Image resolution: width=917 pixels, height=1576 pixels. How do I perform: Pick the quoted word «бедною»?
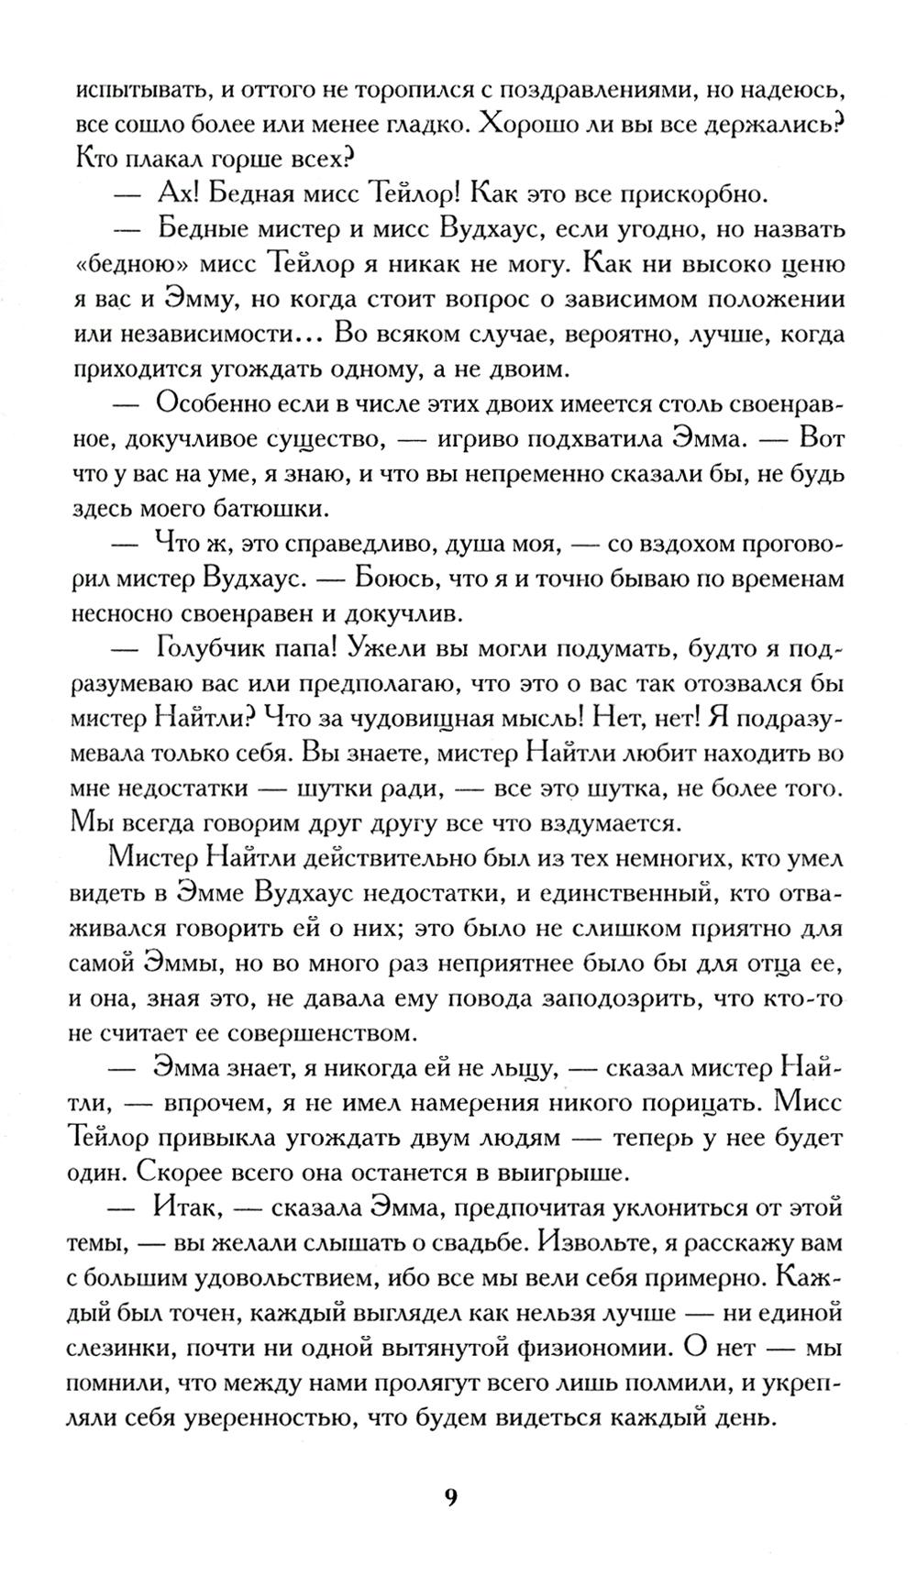pos(126,264)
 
